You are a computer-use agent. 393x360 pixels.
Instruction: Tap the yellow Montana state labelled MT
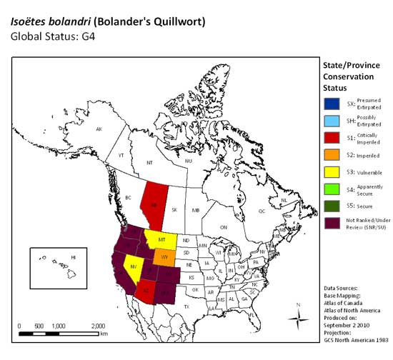[x=162, y=239]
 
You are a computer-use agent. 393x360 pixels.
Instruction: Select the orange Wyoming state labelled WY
[x=165, y=257]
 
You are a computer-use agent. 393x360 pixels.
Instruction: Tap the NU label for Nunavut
[x=189, y=161]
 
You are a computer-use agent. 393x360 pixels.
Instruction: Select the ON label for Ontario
[x=223, y=227]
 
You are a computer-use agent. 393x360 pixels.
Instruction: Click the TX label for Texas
[x=188, y=306]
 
